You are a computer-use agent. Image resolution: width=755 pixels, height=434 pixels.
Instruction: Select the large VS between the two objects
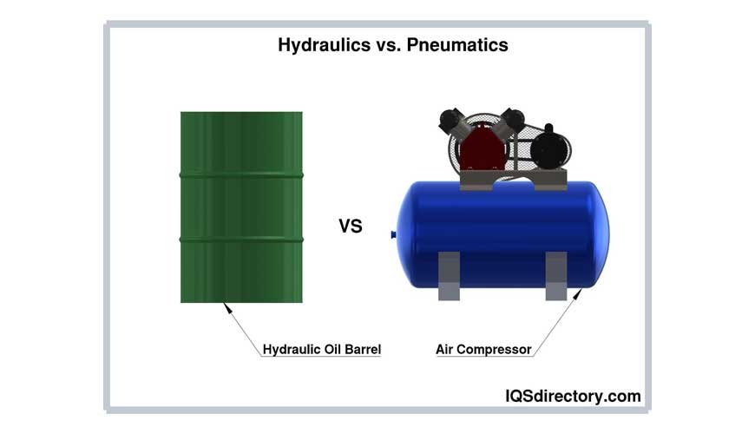[350, 227]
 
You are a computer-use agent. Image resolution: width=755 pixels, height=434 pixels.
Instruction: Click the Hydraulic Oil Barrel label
[322, 350]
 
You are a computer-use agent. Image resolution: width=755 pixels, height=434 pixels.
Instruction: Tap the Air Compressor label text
[483, 350]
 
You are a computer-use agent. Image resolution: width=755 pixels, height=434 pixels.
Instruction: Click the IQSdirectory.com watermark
[573, 396]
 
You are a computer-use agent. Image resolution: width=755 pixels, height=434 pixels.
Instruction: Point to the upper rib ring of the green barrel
[241, 175]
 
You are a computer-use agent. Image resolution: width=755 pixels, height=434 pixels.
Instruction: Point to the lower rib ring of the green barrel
[241, 240]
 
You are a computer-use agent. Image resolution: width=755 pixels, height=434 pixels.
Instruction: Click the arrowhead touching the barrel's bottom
[226, 306]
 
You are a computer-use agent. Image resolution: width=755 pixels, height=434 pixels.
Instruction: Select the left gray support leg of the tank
[449, 275]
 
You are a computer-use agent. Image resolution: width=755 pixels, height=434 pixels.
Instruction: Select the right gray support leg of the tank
[555, 275]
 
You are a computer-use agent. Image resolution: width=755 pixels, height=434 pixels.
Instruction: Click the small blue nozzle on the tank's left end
[394, 233]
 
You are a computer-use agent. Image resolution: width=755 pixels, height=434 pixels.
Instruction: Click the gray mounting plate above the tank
[512, 181]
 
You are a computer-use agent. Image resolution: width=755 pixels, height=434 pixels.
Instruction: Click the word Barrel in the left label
[364, 350]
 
